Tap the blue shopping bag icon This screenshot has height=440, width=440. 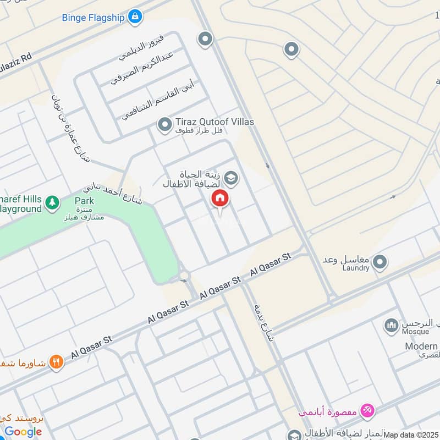pos(134,17)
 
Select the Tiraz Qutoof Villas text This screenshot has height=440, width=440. pos(215,122)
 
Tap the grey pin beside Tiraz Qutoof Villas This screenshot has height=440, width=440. pos(164,125)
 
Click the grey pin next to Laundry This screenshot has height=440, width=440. pos(379,263)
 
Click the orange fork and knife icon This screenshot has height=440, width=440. pos(56,362)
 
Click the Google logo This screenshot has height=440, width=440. pos(24,432)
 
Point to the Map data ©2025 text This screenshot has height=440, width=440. pos(411,435)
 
